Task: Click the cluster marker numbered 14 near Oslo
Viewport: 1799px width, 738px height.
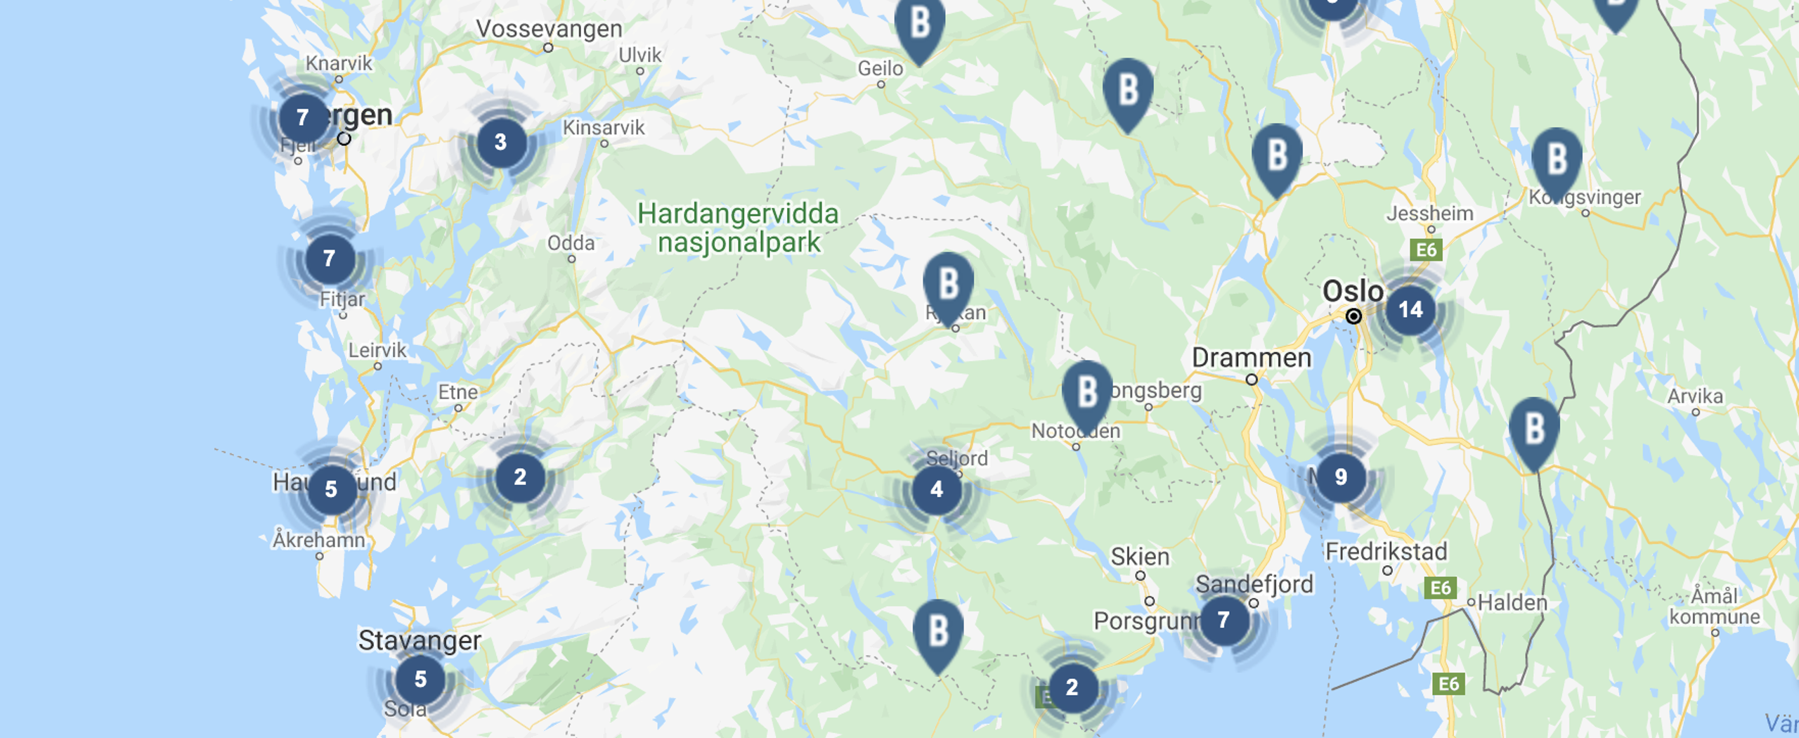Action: pyautogui.click(x=1410, y=310)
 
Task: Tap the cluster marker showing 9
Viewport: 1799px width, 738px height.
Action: pyautogui.click(x=1341, y=478)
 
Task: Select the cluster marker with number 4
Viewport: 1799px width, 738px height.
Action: pyautogui.click(x=937, y=490)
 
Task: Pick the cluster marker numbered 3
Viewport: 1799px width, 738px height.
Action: pyautogui.click(x=501, y=143)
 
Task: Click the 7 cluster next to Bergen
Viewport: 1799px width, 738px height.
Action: pyautogui.click(x=303, y=117)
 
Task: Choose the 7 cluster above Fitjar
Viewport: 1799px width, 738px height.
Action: pyautogui.click(x=330, y=259)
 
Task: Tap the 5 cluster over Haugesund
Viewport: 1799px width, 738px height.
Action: pyautogui.click(x=332, y=489)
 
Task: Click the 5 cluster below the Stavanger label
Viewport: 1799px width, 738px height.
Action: pyautogui.click(x=420, y=680)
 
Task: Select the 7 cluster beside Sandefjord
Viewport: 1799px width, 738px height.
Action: pyautogui.click(x=1224, y=620)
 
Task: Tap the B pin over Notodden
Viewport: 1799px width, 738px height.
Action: pyautogui.click(x=1087, y=393)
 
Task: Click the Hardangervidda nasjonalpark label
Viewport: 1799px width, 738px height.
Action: pyautogui.click(x=738, y=228)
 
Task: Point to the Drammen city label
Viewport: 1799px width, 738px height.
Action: pyautogui.click(x=1252, y=358)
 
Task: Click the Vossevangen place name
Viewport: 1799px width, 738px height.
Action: pyautogui.click(x=549, y=29)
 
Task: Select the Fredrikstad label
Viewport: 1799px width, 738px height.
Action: pyautogui.click(x=1386, y=552)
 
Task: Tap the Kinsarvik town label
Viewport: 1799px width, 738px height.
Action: pyautogui.click(x=604, y=128)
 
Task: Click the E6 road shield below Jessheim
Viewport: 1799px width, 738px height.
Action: pyautogui.click(x=1426, y=250)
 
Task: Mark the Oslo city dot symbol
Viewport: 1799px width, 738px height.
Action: pyautogui.click(x=1353, y=316)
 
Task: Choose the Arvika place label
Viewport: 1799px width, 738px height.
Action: pyautogui.click(x=1695, y=396)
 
